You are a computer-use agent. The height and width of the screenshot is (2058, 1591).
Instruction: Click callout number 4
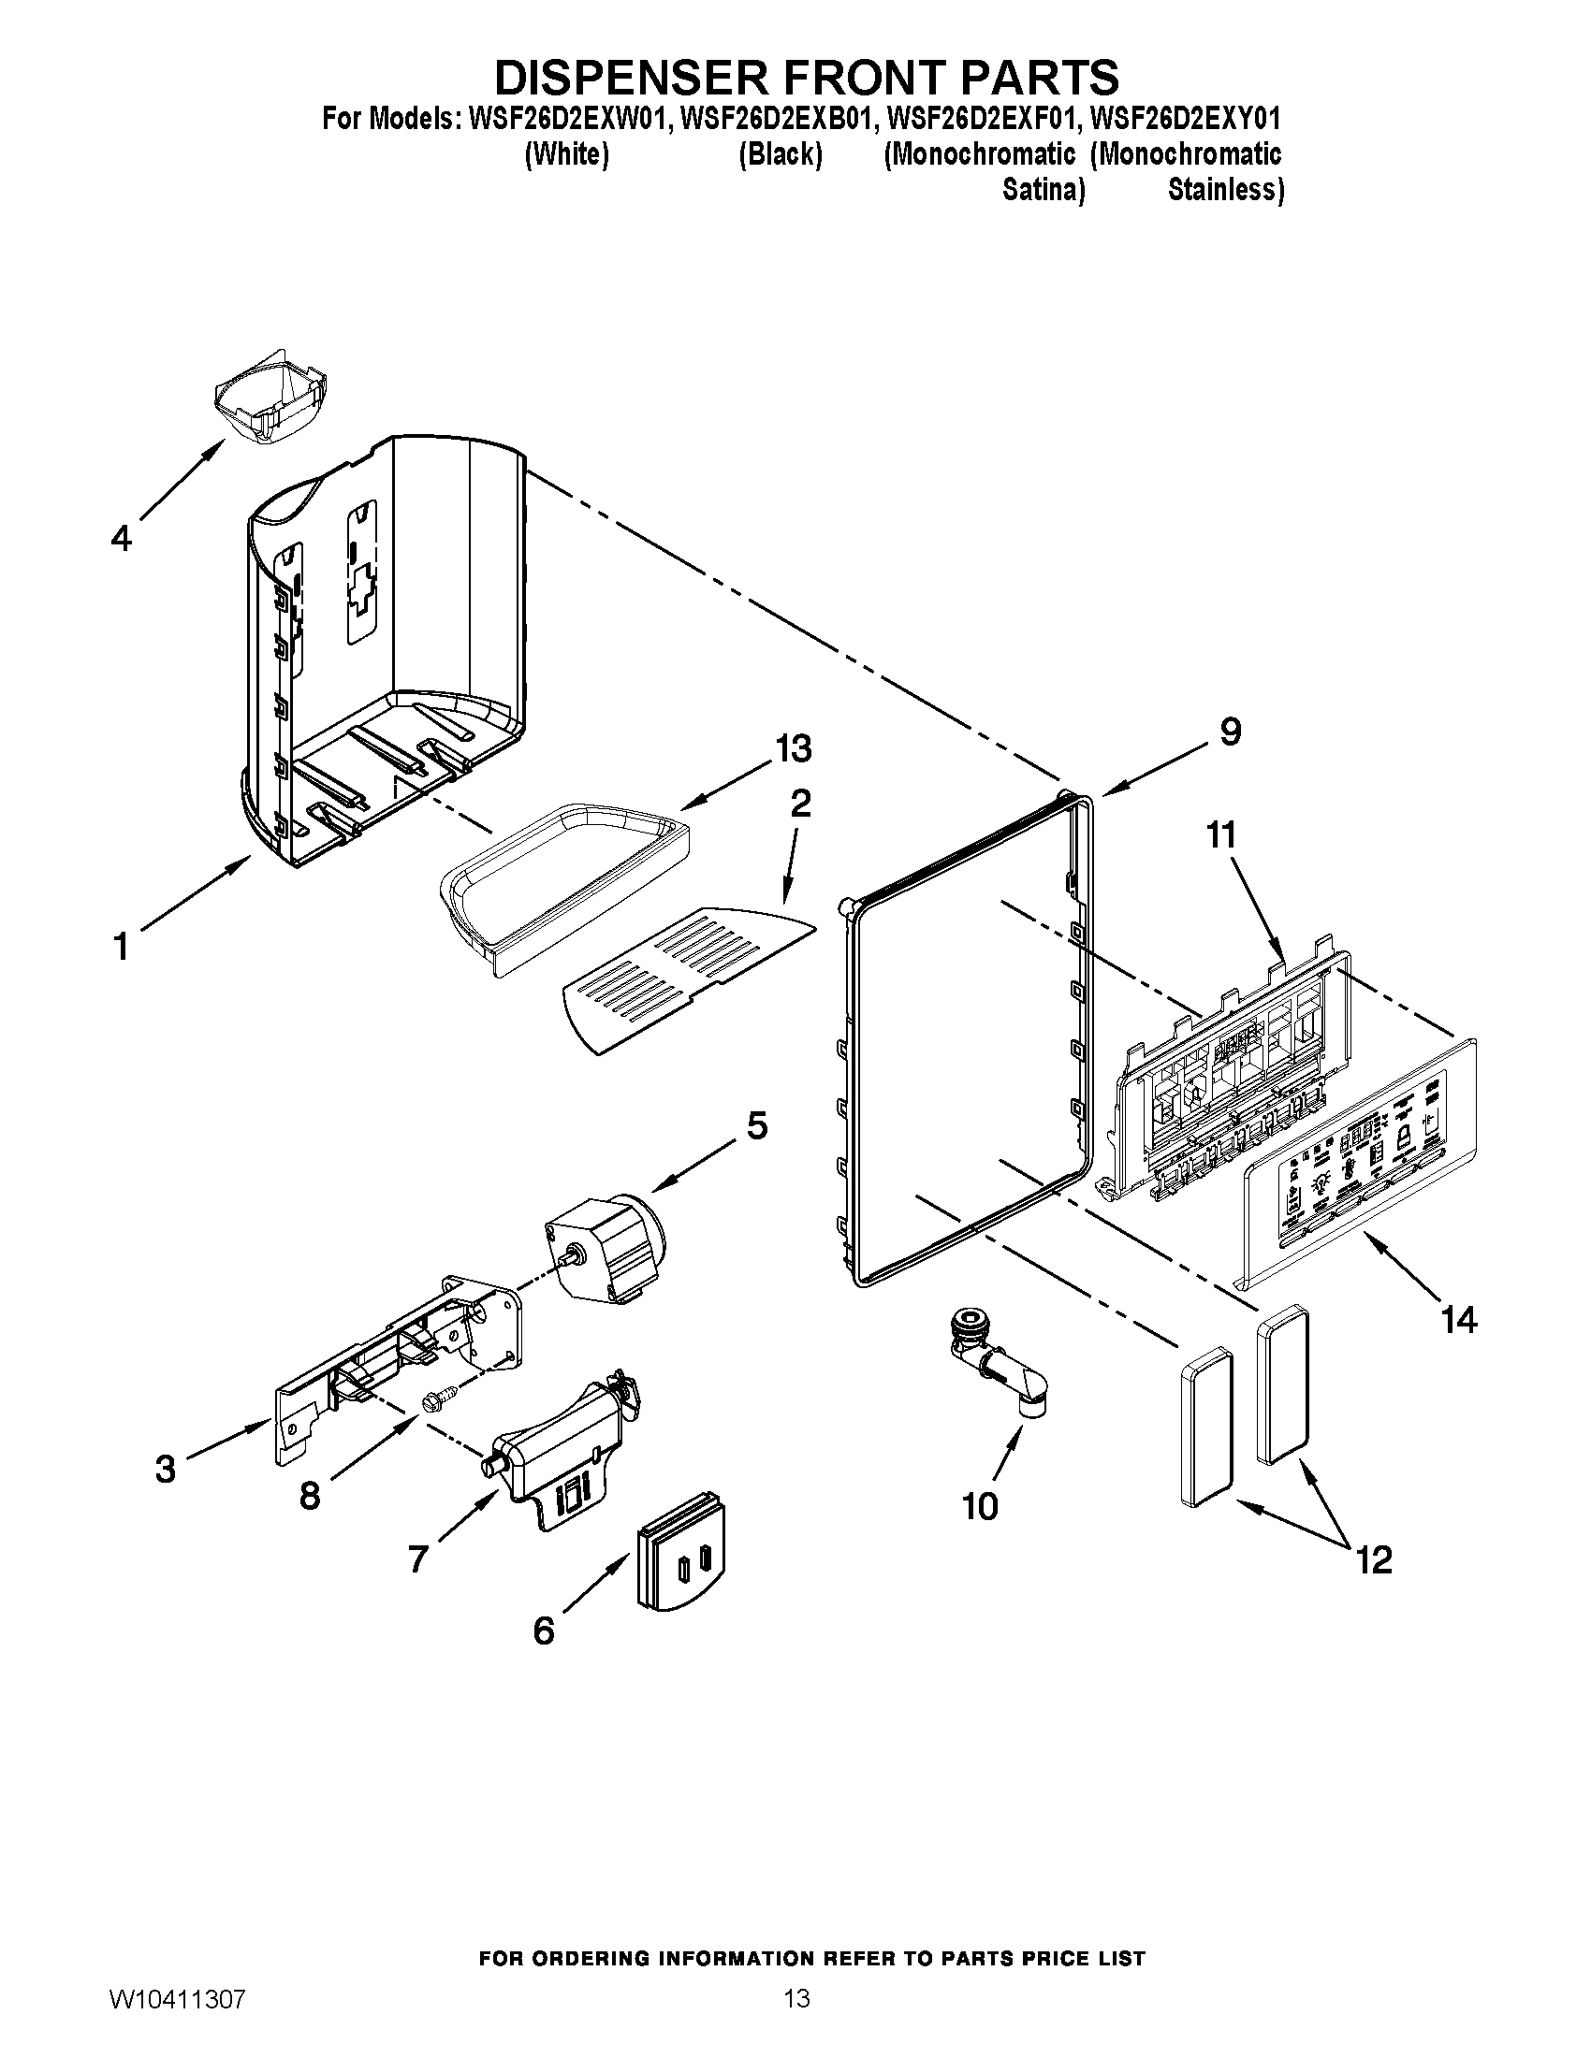pyautogui.click(x=122, y=539)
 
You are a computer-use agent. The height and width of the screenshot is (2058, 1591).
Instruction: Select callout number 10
pyautogui.click(x=980, y=1506)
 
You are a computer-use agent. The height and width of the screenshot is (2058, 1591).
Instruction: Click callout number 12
pyautogui.click(x=1374, y=1560)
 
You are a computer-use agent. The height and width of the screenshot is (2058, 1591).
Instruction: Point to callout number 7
pyautogui.click(x=418, y=1559)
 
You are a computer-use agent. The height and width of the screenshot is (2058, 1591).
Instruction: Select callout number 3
pyautogui.click(x=165, y=1469)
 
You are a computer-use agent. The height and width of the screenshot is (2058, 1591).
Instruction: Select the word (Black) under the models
pyautogui.click(x=780, y=153)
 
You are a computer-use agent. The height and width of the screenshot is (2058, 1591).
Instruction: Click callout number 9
pyautogui.click(x=1230, y=732)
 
